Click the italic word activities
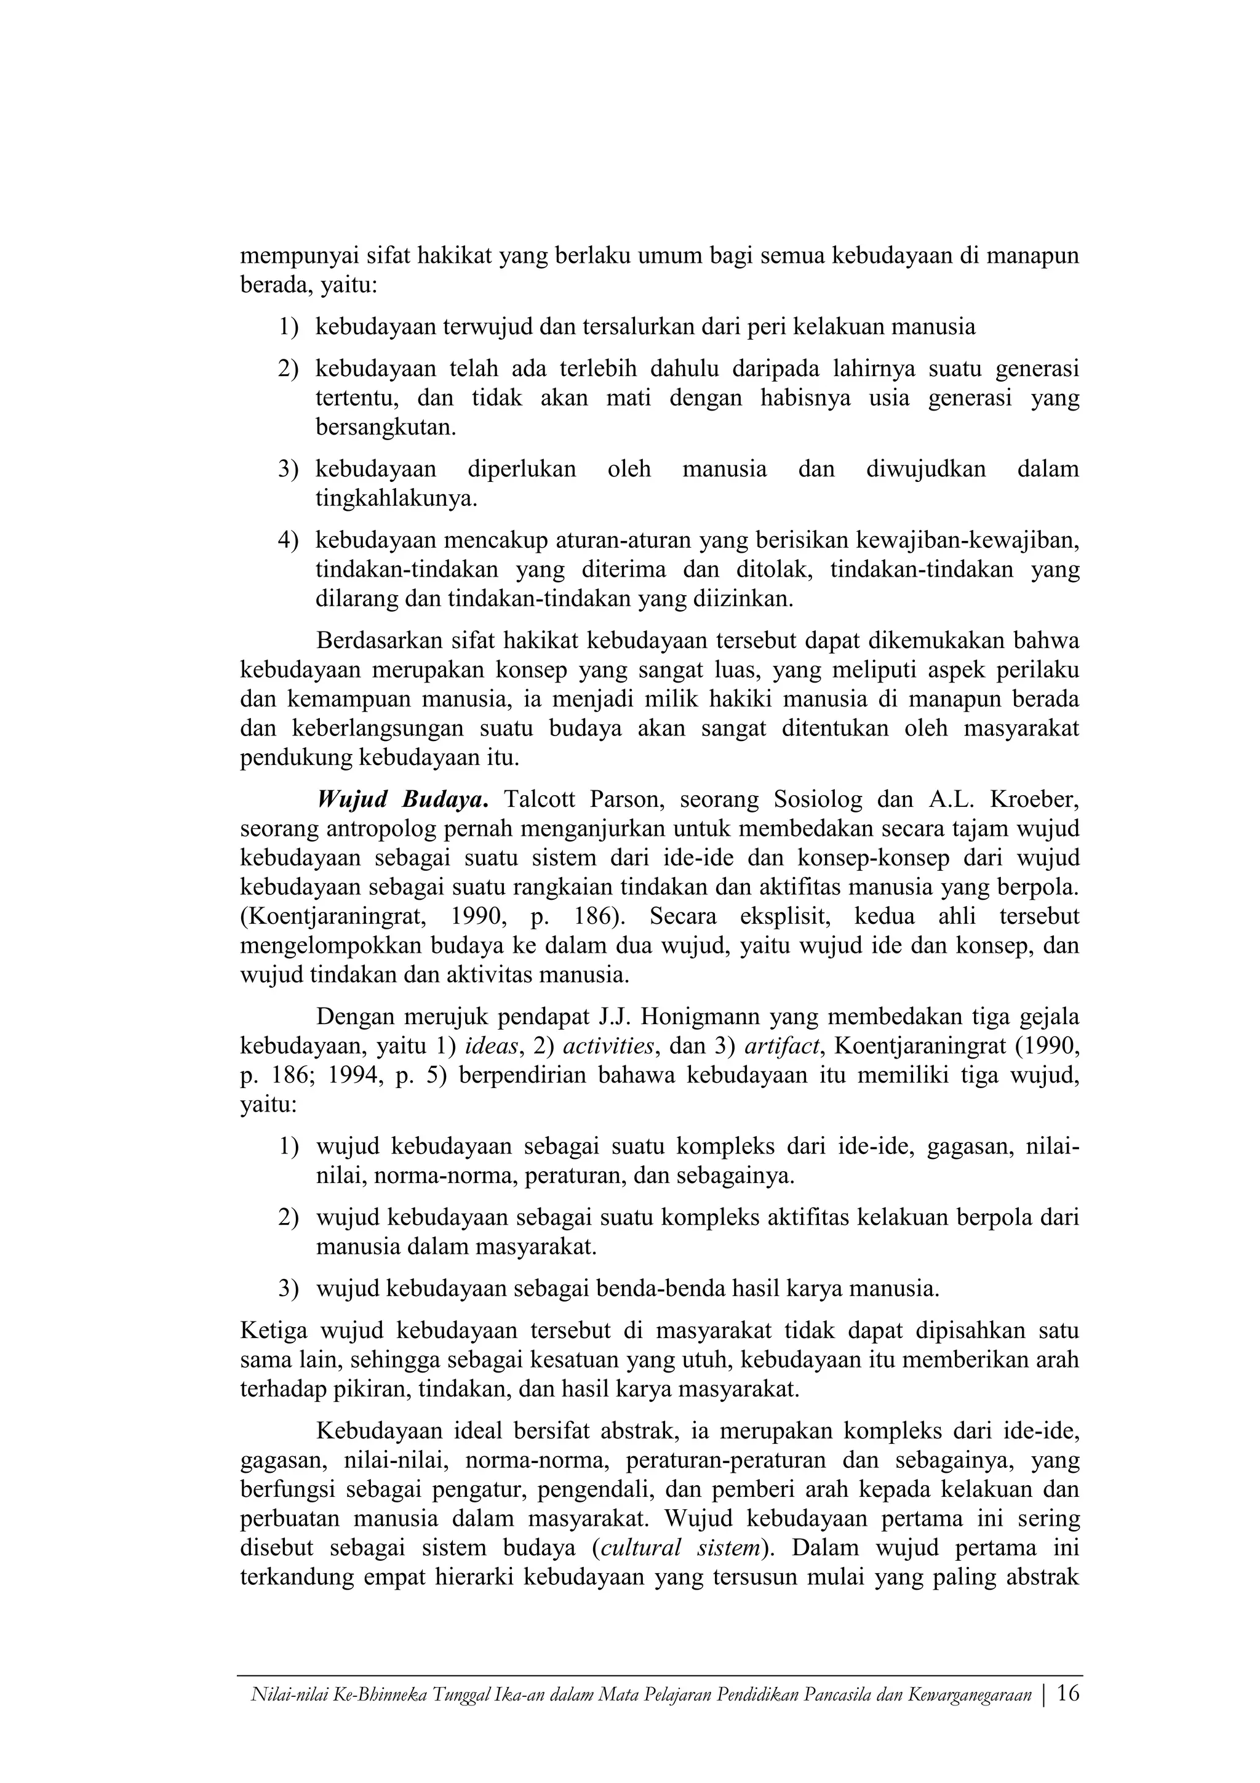pyautogui.click(x=608, y=1046)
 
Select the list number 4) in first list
pyautogui.click(x=288, y=540)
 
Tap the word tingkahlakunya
pyautogui.click(x=396, y=498)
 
